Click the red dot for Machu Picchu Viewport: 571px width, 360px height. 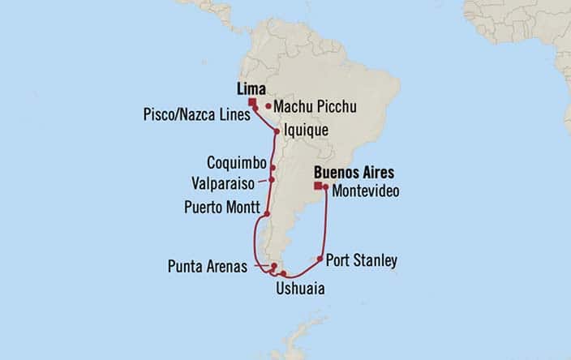coord(268,106)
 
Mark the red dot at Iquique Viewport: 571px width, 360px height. coord(277,131)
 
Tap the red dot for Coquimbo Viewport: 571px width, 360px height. coord(273,168)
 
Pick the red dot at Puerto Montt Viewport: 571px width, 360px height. coord(267,214)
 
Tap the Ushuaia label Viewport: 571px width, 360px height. coord(297,286)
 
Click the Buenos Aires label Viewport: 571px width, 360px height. coord(354,173)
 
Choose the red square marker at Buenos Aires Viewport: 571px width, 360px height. coord(318,186)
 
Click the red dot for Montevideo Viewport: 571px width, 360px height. coord(324,187)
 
